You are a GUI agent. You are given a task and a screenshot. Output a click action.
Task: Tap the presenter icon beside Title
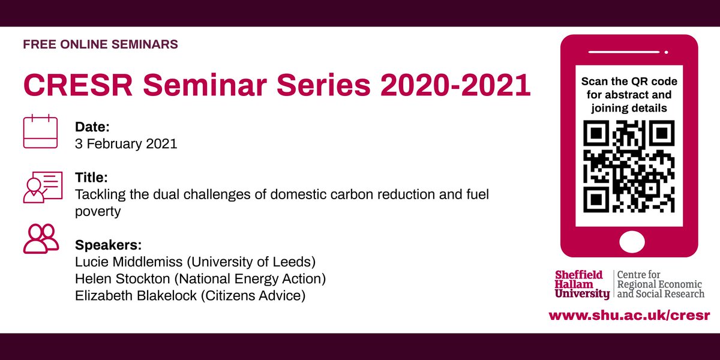pyautogui.click(x=42, y=187)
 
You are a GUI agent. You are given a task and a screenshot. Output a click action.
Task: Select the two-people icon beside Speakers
pyautogui.click(x=41, y=238)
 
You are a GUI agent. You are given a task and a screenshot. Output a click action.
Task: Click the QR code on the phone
pyautogui.click(x=629, y=167)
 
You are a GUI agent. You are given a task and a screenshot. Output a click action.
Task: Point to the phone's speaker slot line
pyautogui.click(x=629, y=52)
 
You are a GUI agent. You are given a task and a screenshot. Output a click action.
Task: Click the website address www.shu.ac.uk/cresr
pyautogui.click(x=629, y=315)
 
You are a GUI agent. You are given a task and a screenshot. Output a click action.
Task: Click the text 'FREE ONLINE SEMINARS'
pyautogui.click(x=100, y=44)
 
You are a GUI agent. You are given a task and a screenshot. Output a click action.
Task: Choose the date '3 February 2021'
pyautogui.click(x=126, y=145)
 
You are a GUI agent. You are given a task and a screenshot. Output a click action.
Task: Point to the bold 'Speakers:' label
pyautogui.click(x=107, y=245)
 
